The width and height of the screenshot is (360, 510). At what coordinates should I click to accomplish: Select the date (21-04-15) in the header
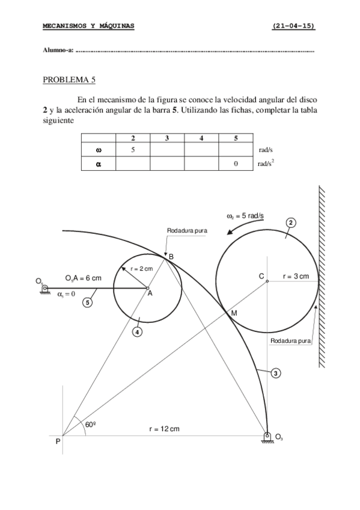[x=293, y=26]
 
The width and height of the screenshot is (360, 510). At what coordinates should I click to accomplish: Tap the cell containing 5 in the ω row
[x=133, y=150]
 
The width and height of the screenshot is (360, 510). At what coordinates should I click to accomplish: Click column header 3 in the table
[x=167, y=138]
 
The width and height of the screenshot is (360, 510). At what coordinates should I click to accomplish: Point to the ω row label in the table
[x=98, y=150]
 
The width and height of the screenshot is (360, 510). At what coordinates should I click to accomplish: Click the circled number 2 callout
[x=290, y=223]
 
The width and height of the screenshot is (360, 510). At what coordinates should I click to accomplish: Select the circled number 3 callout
[x=275, y=373]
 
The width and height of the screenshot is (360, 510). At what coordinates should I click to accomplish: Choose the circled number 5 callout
[x=88, y=303]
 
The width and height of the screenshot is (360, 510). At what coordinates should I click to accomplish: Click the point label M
[x=234, y=313]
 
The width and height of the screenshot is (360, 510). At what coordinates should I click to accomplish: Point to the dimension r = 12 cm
[x=164, y=429]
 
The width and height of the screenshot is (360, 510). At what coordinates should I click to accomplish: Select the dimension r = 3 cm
[x=296, y=276]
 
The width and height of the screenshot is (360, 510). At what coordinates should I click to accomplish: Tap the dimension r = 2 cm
[x=141, y=269]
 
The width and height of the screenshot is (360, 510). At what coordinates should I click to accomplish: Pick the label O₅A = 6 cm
[x=83, y=278]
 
